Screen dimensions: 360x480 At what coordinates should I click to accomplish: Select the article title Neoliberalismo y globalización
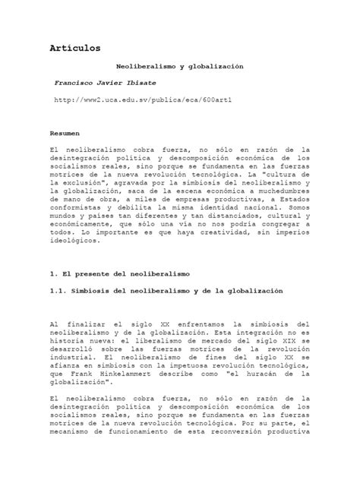180,67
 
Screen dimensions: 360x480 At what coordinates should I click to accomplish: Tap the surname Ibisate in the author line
146,81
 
